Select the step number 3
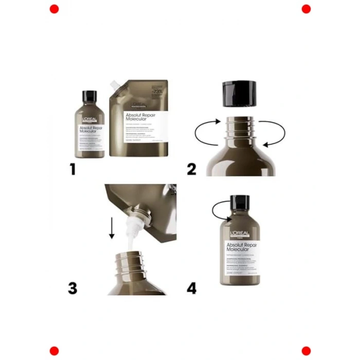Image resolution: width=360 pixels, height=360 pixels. [73, 288]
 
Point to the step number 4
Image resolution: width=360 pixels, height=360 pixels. [191, 288]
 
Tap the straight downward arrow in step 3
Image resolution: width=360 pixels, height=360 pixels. [112, 226]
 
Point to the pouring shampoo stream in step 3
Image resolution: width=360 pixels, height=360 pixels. [133, 240]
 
